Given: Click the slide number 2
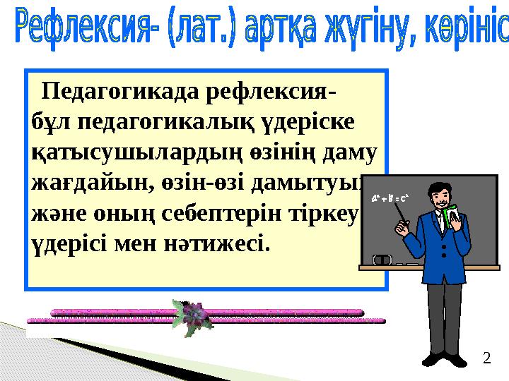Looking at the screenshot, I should [x=486, y=359].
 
